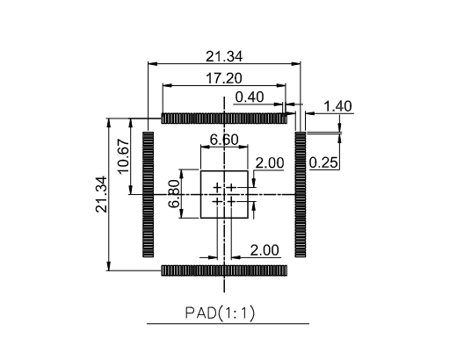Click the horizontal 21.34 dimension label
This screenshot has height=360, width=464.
[x=224, y=56]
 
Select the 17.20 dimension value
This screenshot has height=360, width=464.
[x=224, y=79]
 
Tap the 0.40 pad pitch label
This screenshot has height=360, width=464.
[x=250, y=97]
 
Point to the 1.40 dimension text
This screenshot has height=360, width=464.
[x=338, y=106]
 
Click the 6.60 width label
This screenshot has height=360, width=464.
[x=224, y=140]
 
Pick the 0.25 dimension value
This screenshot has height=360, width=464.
[x=323, y=162]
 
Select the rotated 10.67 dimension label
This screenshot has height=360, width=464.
[x=124, y=156]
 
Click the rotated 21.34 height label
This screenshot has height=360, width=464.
[x=102, y=194]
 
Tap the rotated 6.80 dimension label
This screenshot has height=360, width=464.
[x=174, y=194]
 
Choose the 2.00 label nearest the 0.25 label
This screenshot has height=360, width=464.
[x=270, y=162]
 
